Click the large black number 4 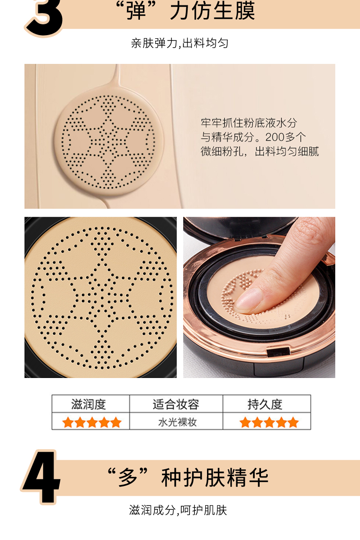click(41, 477)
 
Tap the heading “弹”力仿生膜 click(185, 11)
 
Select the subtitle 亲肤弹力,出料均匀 click(180, 43)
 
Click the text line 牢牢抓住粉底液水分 click(249, 123)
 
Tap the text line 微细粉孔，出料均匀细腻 click(260, 151)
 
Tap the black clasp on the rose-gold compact click(279, 351)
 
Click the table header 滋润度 click(89, 404)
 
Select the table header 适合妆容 click(176, 404)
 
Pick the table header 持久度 click(265, 404)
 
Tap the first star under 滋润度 click(68, 422)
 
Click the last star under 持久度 click(293, 422)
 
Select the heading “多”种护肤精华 click(188, 477)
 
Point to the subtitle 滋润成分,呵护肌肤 click(178, 510)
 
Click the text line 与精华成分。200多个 click(253, 137)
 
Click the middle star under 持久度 click(269, 422)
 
